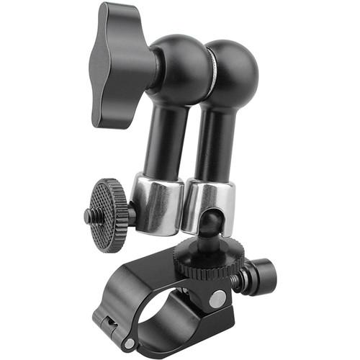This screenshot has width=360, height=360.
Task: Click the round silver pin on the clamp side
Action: click(x=217, y=296)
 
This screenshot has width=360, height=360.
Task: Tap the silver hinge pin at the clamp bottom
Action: click(x=129, y=345)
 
